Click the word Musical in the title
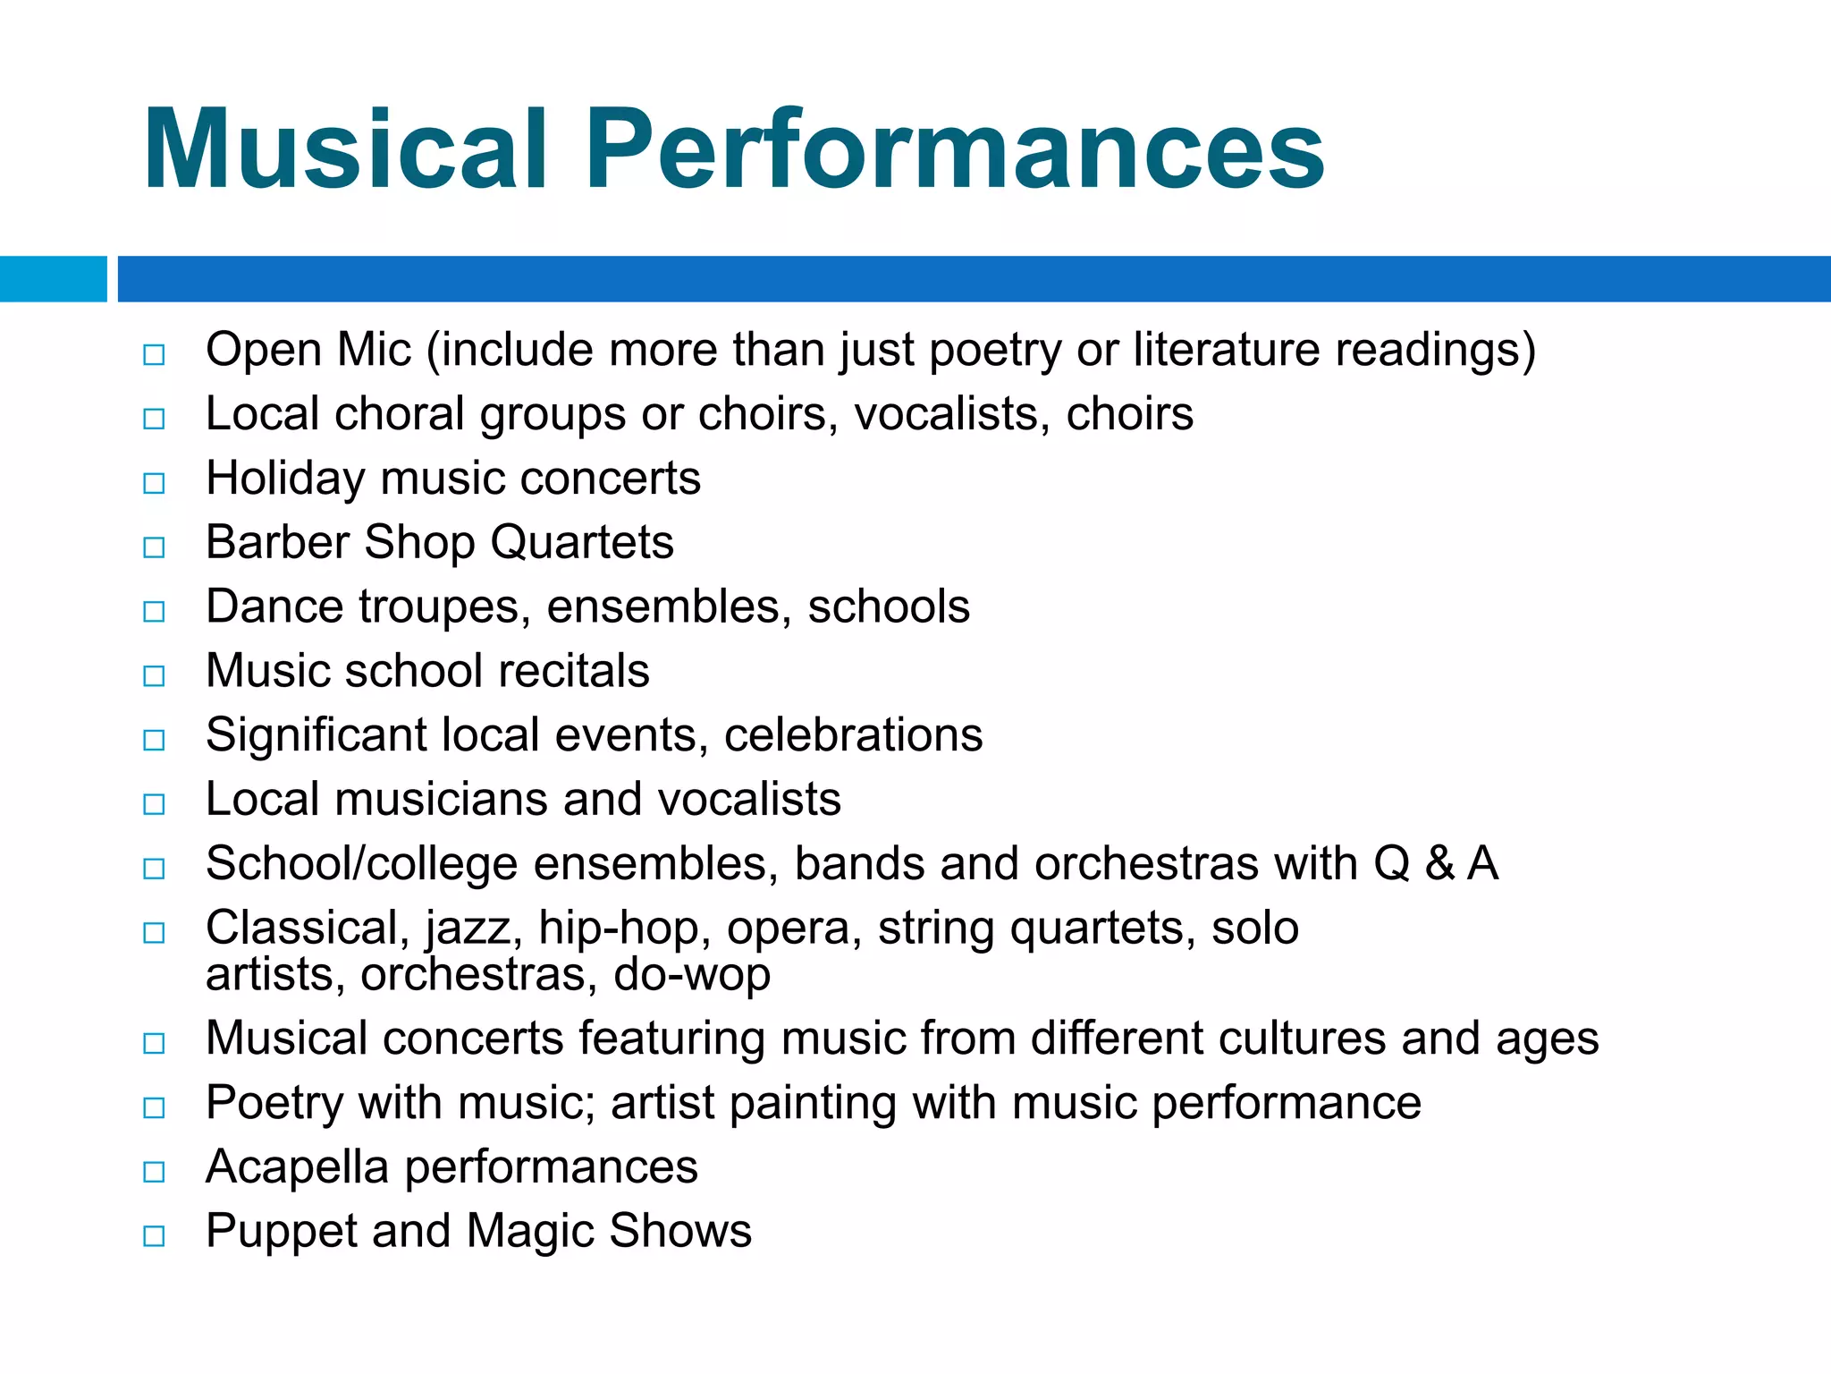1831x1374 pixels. click(345, 149)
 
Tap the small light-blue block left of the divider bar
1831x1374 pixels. click(53, 279)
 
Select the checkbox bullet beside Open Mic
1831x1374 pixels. click(154, 355)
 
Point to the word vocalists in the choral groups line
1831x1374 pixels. click(952, 414)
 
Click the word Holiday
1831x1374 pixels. click(285, 479)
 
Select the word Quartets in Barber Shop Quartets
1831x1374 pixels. click(582, 544)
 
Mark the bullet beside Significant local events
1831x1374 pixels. click(154, 741)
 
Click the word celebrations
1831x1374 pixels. click(853, 735)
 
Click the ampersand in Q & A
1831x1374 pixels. click(1439, 864)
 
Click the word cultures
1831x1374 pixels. click(1302, 1039)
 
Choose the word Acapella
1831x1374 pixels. click(297, 1168)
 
